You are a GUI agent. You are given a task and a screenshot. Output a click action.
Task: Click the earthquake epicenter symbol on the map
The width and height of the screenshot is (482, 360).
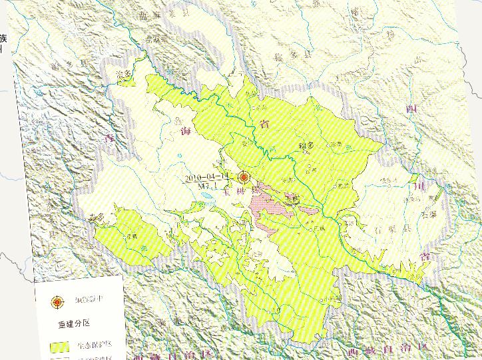tap(244, 178)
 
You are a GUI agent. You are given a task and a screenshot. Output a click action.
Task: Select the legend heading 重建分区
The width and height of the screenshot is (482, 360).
tap(69, 324)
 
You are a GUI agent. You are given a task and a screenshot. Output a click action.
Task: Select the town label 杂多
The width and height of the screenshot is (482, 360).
tap(96, 217)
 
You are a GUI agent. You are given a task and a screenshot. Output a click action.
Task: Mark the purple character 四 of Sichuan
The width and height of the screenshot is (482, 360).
tap(412, 108)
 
